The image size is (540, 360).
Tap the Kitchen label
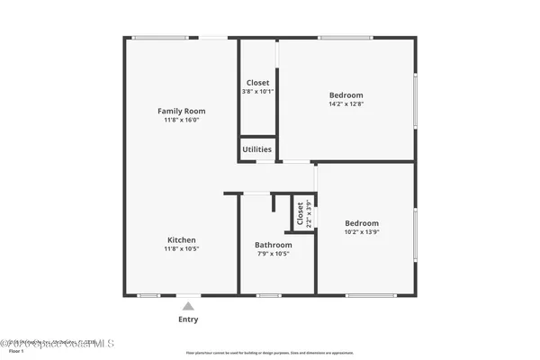point(181,239)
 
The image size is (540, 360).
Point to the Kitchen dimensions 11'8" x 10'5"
point(181,248)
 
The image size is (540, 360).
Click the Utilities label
point(256,149)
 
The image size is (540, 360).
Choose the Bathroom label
point(273,245)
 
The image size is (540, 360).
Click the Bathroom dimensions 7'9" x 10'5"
point(273,254)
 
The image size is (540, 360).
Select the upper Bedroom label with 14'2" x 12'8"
point(346,95)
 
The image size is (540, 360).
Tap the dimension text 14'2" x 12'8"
point(346,104)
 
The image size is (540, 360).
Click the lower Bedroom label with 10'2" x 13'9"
point(362,223)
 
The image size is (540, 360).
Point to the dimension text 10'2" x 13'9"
point(362,232)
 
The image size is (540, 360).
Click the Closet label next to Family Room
point(256,83)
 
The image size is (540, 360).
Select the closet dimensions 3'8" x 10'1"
point(256,92)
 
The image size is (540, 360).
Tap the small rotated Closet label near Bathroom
point(301,213)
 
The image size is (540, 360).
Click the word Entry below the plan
point(188,319)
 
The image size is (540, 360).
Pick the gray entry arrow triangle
point(188,306)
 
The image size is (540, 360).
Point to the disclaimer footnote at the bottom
point(269,353)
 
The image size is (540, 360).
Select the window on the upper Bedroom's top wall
point(346,37)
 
